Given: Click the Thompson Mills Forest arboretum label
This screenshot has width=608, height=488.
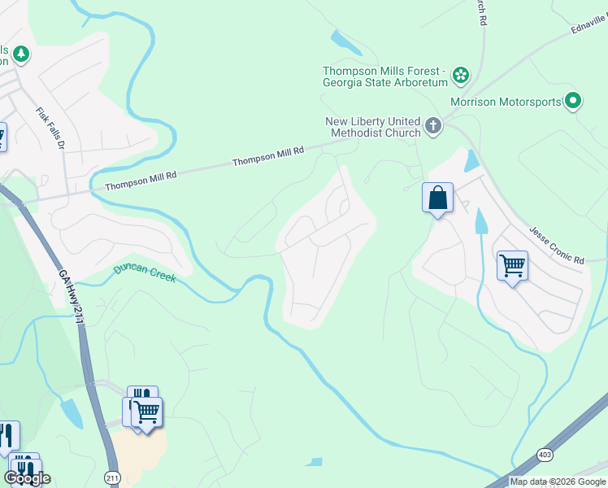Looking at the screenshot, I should (385, 76).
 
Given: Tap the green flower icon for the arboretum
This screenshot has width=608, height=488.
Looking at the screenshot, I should (461, 76).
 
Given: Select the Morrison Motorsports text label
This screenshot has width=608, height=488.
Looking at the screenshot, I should (505, 102).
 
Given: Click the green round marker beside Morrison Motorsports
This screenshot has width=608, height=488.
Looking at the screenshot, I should (573, 101).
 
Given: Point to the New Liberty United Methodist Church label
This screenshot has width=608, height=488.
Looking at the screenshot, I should (372, 127).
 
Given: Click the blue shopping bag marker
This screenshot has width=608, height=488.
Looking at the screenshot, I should (437, 198).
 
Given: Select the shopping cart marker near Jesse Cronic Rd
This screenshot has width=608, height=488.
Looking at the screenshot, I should (512, 265).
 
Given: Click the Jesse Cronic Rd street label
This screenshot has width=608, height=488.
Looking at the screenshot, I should (557, 246).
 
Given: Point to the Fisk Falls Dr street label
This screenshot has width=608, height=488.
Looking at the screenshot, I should (50, 128).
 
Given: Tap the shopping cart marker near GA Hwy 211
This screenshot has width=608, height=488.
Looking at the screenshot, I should (147, 412).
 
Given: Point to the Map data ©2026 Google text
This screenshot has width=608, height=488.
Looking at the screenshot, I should (557, 481).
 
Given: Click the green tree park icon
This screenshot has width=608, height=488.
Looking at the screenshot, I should (20, 54).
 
